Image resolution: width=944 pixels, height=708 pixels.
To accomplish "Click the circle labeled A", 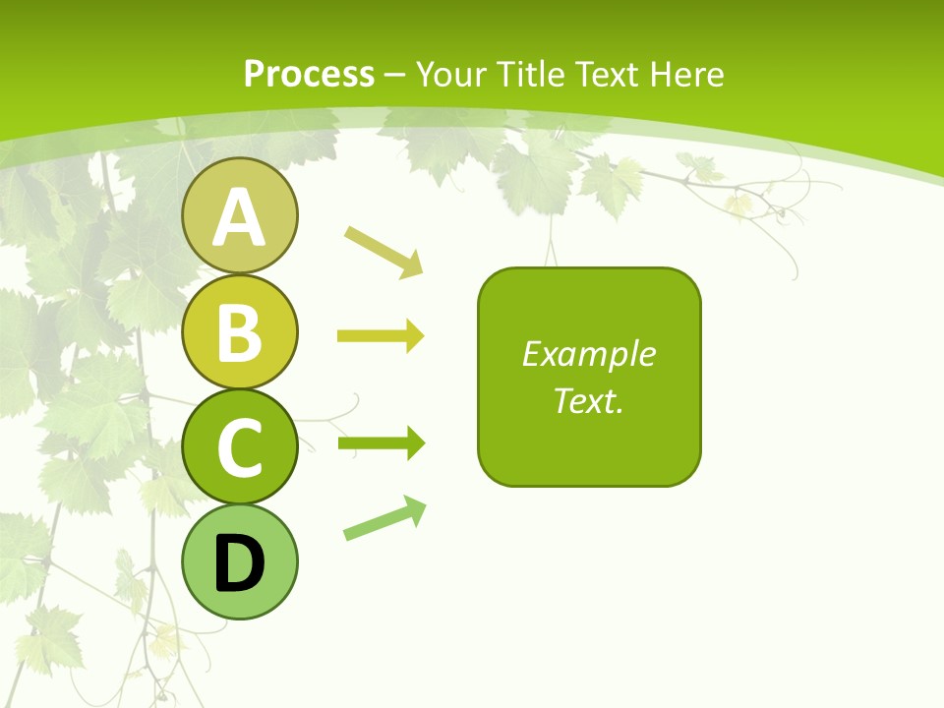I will [239, 215].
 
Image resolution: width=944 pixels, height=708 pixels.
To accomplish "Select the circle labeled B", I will [239, 331].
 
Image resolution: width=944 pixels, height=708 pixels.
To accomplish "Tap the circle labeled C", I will [239, 447].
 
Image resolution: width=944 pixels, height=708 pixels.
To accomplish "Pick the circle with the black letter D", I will [239, 562].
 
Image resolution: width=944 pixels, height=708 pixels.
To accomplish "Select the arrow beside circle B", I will [380, 336].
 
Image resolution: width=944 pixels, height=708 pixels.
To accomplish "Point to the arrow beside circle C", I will [380, 444].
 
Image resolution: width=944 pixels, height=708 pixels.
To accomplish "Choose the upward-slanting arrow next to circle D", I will [384, 518].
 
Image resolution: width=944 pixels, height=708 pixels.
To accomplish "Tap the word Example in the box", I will [588, 354].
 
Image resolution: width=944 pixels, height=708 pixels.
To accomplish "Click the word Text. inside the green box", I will [588, 400].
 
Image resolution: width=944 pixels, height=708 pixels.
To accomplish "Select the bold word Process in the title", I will [309, 74].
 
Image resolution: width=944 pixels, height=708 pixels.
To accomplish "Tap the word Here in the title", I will [687, 74].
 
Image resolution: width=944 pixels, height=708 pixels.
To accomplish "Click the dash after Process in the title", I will [394, 75].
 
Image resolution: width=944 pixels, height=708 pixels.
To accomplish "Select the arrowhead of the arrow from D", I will [416, 508].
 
